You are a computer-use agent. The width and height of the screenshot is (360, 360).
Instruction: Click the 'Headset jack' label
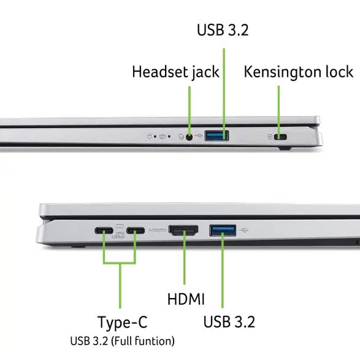point(175,72)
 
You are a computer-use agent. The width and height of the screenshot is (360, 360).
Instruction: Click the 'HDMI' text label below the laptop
point(186,299)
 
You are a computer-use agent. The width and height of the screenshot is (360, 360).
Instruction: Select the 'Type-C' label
point(123,323)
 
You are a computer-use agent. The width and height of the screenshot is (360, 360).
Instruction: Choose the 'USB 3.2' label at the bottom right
point(228,321)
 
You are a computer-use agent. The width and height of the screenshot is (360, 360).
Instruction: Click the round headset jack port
point(190,136)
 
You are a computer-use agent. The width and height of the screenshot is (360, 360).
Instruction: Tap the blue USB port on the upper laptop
point(216,136)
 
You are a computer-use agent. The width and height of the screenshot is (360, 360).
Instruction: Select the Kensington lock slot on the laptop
point(281,136)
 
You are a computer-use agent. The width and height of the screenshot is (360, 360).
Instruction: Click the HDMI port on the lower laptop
point(183,231)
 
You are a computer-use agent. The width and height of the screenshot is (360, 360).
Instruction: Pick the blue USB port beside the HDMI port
point(223,231)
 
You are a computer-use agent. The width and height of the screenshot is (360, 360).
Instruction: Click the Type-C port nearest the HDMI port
point(136,232)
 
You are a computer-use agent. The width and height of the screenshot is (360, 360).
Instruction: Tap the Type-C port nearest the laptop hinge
point(103,232)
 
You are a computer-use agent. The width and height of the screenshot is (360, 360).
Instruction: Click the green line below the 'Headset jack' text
point(190,107)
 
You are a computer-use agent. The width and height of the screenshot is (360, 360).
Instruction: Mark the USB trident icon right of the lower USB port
point(245,231)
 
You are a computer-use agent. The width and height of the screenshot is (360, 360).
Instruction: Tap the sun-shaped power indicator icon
point(149,136)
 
